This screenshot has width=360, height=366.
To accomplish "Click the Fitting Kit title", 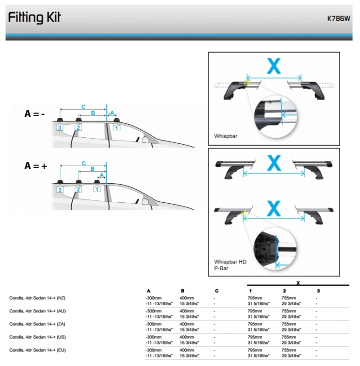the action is point(34,17).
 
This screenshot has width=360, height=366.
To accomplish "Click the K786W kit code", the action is point(338,19).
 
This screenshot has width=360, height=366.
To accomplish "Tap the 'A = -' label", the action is point(34,114).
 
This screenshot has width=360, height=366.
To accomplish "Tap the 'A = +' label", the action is point(35,166).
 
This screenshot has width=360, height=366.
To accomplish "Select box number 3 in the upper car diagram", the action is point(59,128).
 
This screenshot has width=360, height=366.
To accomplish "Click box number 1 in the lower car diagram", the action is point(97,189).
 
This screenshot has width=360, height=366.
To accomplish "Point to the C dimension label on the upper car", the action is point(83,107).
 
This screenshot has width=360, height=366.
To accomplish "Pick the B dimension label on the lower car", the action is point(92,169).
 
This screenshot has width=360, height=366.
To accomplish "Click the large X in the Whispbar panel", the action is point(273,66).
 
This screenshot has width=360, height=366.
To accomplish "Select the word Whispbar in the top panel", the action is point(225,136).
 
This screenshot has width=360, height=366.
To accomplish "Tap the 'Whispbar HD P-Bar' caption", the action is point(230,265).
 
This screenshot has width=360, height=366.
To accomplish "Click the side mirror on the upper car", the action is point(146,139).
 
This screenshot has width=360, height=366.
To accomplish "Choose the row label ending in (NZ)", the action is point(37,298).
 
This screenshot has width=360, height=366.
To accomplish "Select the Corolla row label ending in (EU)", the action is point(37,350).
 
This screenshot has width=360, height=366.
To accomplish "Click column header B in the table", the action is point(182,291).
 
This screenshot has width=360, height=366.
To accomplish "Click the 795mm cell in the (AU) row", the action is point(255,311).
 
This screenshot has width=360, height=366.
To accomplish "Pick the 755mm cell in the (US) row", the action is point(289,337).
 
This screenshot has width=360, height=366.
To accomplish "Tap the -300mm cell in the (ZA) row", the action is point(153,324).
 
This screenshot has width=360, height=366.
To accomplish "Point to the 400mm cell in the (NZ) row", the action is point(187,298).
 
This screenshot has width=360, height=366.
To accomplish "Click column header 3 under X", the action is point(318,291).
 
